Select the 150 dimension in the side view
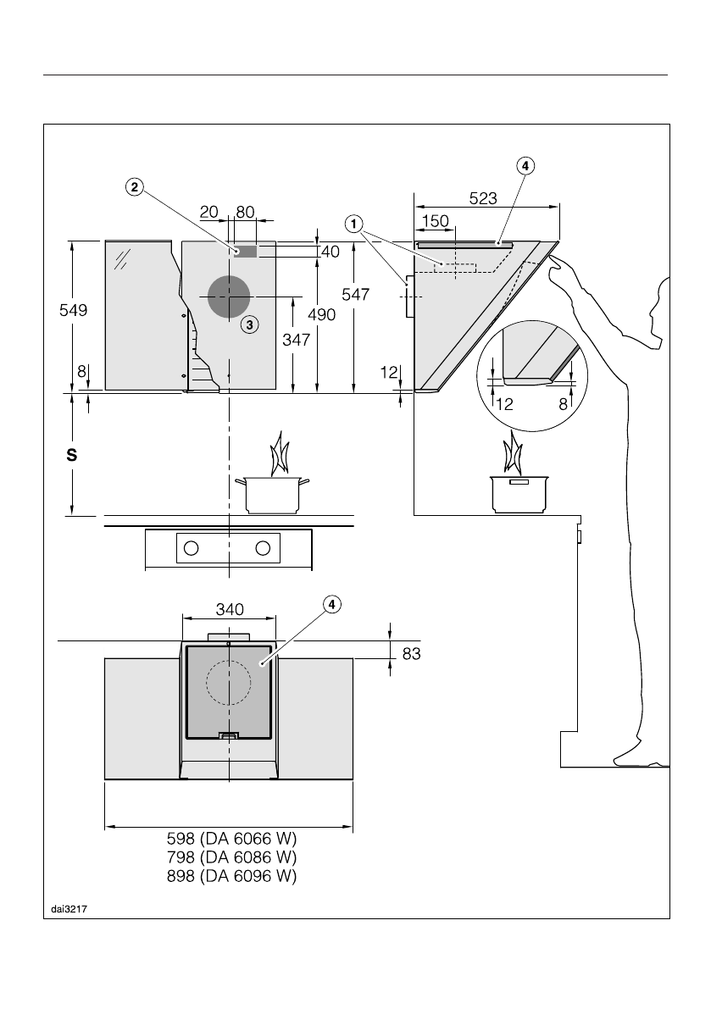[x=435, y=220]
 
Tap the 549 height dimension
[x=74, y=311]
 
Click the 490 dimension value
[x=322, y=314]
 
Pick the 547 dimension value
[x=355, y=294]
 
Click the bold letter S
[x=72, y=455]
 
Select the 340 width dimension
[x=230, y=609]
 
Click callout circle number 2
[x=134, y=188]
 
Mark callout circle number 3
[x=248, y=324]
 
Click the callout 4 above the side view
[x=525, y=166]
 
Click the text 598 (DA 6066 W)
[x=232, y=839]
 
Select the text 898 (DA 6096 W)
[x=232, y=876]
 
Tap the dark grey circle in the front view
[x=227, y=297]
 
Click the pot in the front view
[x=273, y=495]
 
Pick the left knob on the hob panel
[x=192, y=548]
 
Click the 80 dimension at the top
[x=246, y=212]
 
